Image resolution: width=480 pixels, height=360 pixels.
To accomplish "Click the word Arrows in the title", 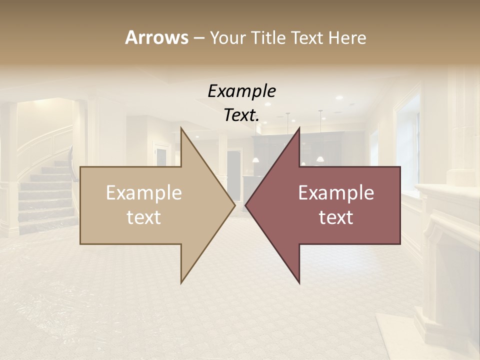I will click(x=156, y=37).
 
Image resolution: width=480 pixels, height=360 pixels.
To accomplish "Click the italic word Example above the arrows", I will click(x=241, y=91).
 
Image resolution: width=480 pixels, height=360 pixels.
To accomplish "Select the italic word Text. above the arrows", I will click(x=241, y=115).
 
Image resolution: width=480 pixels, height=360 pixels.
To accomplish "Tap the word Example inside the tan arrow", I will click(x=143, y=193).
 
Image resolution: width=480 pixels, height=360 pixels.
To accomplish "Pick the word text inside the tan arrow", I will click(x=143, y=217).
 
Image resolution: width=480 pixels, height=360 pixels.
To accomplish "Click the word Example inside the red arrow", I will click(x=336, y=193).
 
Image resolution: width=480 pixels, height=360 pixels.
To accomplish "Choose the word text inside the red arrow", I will click(x=336, y=217).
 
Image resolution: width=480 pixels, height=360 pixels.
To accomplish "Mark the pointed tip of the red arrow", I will click(x=246, y=205).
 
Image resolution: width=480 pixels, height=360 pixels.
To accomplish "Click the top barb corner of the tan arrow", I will click(x=181, y=128).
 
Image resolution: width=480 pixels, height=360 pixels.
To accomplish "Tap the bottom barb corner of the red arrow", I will click(x=299, y=282).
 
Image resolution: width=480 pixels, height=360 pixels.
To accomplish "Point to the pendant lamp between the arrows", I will click(x=255, y=159).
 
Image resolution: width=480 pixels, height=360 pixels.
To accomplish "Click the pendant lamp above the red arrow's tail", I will click(x=320, y=158).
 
